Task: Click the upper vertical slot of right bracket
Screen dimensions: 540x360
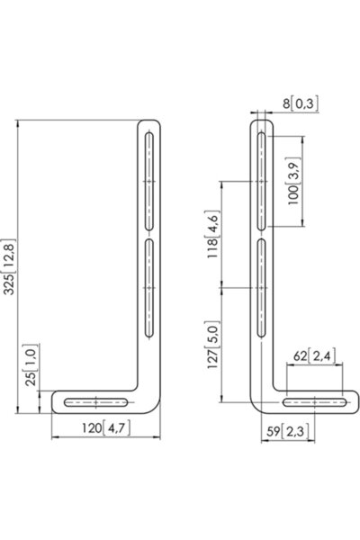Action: point(261,180)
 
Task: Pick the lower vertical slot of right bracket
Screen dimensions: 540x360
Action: point(261,288)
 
